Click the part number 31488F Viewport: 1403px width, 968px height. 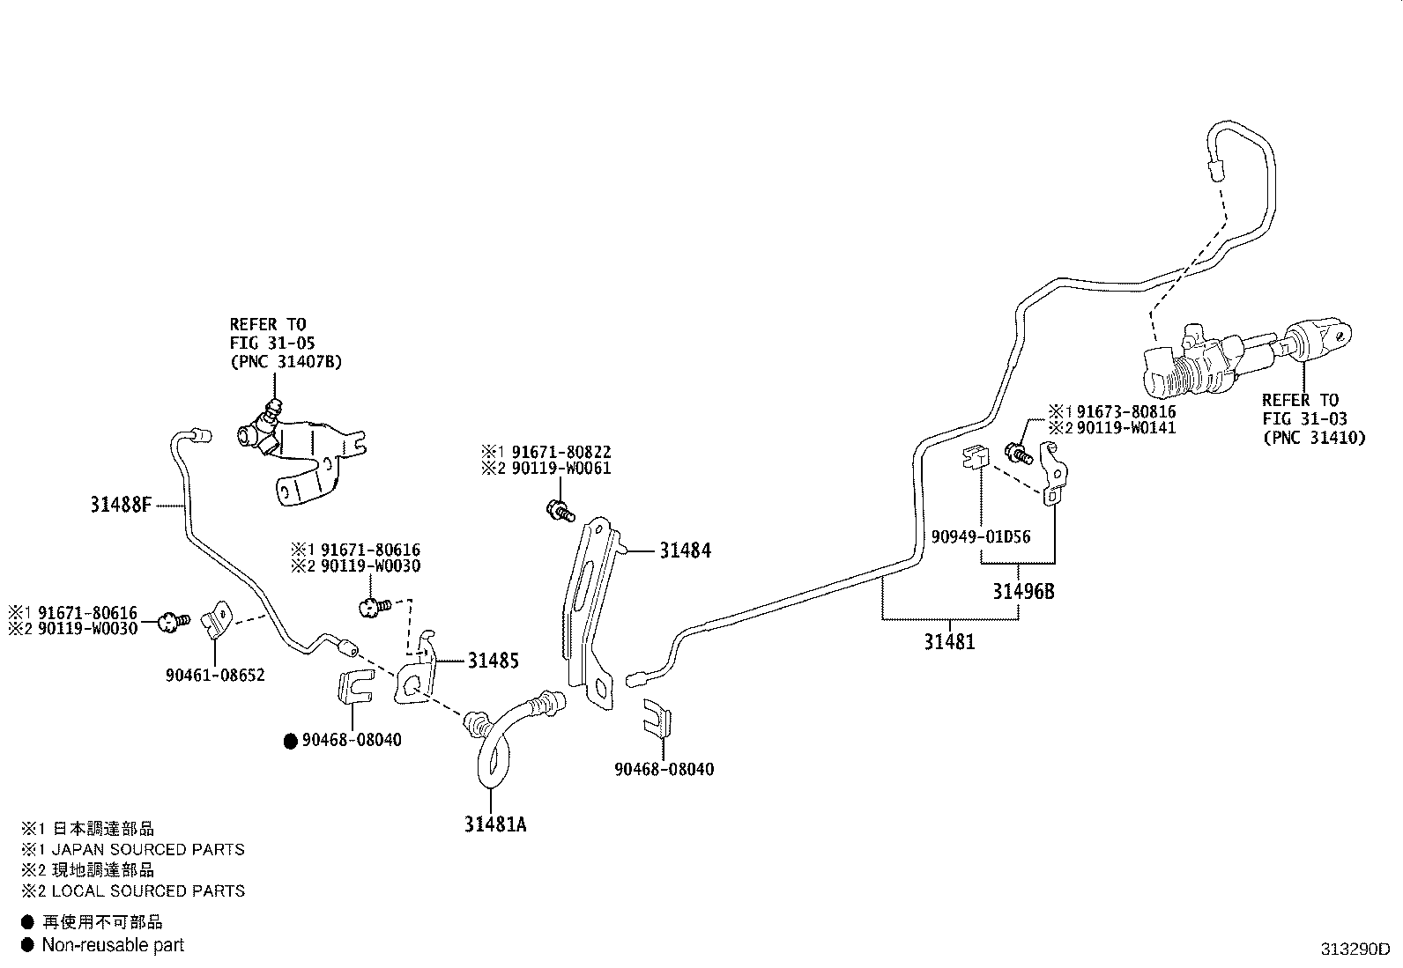(121, 506)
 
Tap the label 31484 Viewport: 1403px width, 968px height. (685, 551)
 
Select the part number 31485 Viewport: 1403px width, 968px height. (493, 661)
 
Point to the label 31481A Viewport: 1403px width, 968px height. (496, 825)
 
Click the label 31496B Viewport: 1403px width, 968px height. (1023, 591)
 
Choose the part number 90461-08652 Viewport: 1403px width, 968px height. (215, 676)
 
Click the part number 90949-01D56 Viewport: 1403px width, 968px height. (981, 536)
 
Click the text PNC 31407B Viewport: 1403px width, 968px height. (286, 361)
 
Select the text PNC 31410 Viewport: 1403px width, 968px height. (1314, 437)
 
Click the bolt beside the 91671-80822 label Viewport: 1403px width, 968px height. (559, 508)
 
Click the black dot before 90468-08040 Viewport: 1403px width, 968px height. (290, 741)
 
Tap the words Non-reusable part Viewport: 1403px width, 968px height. (114, 945)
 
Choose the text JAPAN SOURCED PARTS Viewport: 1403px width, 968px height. (148, 850)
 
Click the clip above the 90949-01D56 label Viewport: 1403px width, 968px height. (972, 459)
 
